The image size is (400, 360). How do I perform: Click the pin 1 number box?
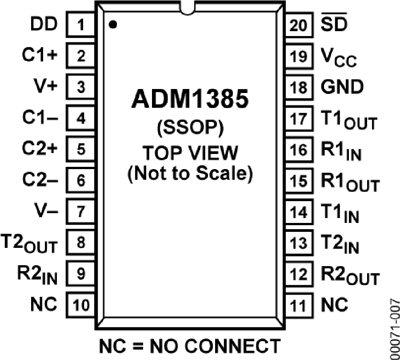coord(80,25)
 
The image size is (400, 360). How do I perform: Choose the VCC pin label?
coord(338,57)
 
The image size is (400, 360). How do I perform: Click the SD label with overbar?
coord(335,25)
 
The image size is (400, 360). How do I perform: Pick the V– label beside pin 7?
coord(46,211)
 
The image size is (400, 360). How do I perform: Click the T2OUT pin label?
coord(30,243)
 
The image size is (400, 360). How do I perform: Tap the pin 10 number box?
coord(80,305)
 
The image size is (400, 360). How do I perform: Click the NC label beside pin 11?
coord(334,305)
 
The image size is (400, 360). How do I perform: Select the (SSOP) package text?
coord(189,129)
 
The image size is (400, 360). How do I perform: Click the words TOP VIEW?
coord(189,153)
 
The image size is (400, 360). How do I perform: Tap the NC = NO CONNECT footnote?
coord(190,345)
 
